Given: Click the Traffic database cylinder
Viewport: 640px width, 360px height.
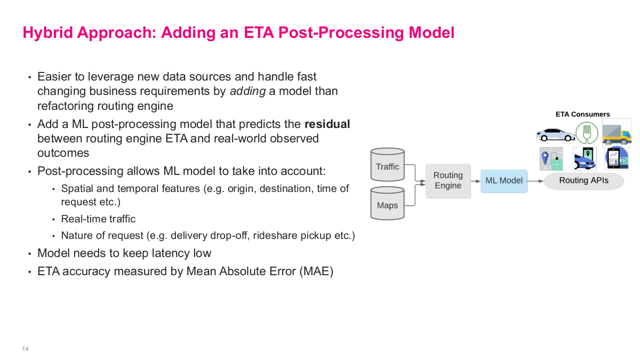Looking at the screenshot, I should [x=387, y=166].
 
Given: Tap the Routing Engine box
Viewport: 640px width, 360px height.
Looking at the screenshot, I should [x=448, y=181].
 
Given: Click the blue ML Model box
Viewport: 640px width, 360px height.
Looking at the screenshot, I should [x=503, y=181].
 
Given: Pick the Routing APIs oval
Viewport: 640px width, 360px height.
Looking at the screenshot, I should [x=583, y=181].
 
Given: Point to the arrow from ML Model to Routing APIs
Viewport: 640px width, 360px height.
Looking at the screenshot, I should [x=535, y=181].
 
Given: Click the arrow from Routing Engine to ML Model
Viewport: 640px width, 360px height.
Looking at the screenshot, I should [x=475, y=181].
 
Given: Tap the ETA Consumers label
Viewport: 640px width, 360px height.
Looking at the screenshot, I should [x=582, y=114].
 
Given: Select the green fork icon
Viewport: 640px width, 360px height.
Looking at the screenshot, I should [x=587, y=132].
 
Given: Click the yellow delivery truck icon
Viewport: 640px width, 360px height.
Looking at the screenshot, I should [x=617, y=132].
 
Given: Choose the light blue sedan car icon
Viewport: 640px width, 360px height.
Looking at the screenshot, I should [x=555, y=134].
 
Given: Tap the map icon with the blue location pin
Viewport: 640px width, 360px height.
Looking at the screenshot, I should [x=551, y=158].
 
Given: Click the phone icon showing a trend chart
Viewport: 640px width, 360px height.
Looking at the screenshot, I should [x=616, y=158].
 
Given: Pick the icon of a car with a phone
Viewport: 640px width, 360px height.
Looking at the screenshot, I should [x=585, y=158].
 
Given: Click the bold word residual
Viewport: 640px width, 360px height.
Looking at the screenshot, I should [x=327, y=124].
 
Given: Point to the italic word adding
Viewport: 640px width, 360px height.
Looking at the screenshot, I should [x=247, y=91].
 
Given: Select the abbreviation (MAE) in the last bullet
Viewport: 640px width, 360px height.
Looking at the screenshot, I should [x=316, y=271].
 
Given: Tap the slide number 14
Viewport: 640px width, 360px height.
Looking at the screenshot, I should [x=25, y=349].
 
